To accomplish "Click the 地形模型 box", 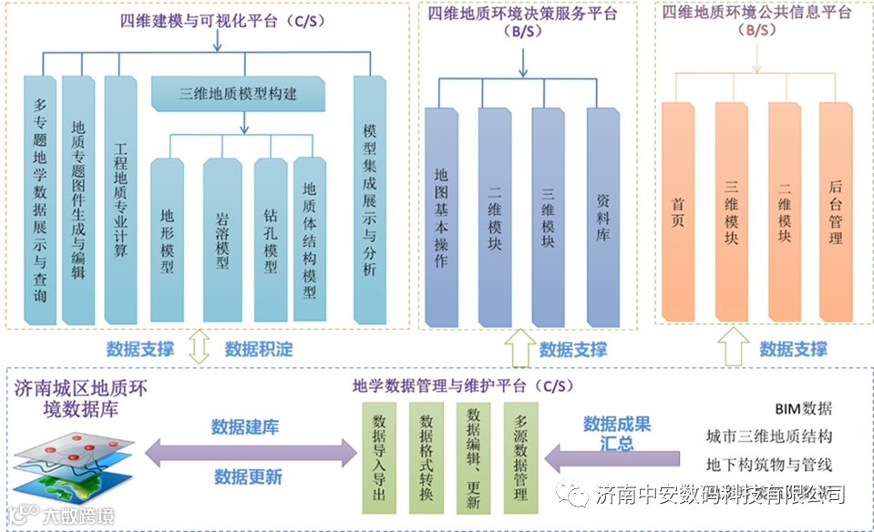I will click(x=168, y=240).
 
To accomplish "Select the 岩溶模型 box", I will click(x=221, y=240).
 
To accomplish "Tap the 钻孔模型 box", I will click(x=271, y=240).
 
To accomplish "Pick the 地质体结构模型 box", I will click(x=310, y=240).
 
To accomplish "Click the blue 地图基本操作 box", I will click(x=441, y=216).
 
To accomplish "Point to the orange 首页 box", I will click(x=678, y=211).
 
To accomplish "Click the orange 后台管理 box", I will click(x=835, y=211).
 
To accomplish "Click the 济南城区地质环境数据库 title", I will click(x=82, y=398).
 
